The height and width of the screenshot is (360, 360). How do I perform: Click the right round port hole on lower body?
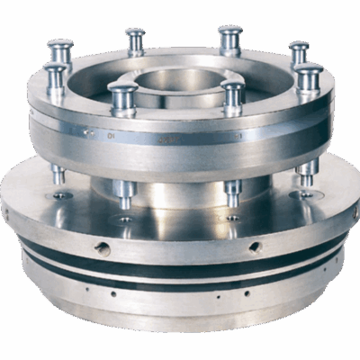point(255,246)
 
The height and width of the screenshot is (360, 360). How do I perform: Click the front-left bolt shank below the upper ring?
point(123,192)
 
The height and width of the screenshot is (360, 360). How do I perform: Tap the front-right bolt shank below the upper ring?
point(232,191)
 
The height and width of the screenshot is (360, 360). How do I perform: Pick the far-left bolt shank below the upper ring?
point(58,171)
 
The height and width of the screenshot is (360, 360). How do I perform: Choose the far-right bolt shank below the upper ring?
point(306,169)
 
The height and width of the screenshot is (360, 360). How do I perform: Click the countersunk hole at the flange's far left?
point(61,194)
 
